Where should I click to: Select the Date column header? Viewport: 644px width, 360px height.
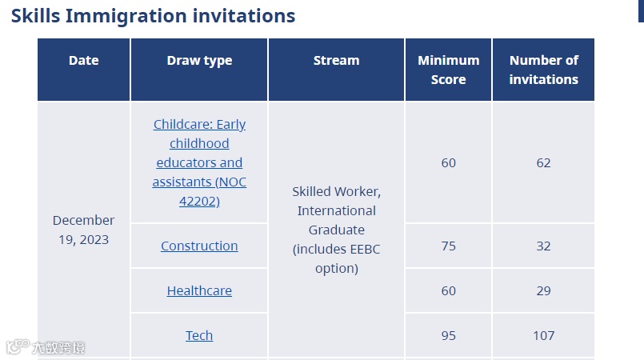click(84, 60)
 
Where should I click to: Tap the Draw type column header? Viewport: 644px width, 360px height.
click(199, 61)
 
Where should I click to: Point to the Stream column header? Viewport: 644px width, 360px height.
click(336, 60)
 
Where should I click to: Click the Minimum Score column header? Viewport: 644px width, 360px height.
click(449, 70)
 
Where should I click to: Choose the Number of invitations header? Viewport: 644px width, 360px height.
click(544, 70)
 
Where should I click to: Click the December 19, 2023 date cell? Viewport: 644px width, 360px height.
click(84, 230)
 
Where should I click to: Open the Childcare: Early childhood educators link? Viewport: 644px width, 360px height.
click(199, 162)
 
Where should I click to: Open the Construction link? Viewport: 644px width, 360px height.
click(199, 246)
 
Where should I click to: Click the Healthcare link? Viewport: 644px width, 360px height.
click(199, 290)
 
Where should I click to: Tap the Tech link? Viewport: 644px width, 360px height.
click(199, 335)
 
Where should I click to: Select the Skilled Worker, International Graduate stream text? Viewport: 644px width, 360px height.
click(336, 230)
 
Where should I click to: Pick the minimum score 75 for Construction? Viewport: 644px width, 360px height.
click(449, 246)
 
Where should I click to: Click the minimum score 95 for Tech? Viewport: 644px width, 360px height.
click(449, 335)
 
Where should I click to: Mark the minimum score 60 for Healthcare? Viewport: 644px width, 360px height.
click(449, 290)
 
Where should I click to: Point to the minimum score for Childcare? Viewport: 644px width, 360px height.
click(449, 162)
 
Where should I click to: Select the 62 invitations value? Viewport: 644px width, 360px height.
click(543, 162)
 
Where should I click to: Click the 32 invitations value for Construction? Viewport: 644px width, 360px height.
click(543, 246)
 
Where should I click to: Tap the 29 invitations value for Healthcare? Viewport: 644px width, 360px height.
click(543, 290)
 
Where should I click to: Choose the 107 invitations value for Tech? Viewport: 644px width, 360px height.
click(544, 335)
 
